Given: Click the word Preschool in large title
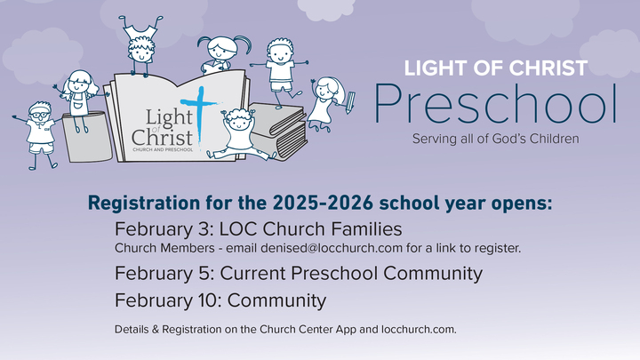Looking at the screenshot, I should click(x=495, y=105).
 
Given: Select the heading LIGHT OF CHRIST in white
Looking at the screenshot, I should click(x=495, y=68).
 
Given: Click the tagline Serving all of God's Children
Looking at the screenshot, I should click(x=495, y=139).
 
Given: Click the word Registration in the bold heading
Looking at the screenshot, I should click(x=134, y=202).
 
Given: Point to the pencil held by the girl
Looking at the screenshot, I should click(x=351, y=97).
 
